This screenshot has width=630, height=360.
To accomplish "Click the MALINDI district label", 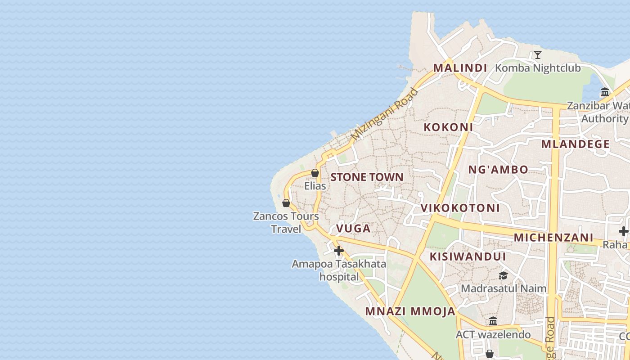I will [460, 68].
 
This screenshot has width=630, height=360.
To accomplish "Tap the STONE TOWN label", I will [367, 177].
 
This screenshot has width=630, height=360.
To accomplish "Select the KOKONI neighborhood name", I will [448, 127].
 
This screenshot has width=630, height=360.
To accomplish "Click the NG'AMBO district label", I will [498, 170].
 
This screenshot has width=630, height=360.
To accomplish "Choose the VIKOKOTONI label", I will [460, 208].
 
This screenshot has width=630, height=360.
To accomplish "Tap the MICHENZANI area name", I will [553, 237].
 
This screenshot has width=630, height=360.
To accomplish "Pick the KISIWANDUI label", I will [468, 256].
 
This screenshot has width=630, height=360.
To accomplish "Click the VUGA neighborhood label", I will [353, 229].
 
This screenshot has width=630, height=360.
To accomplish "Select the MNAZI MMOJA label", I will [410, 311].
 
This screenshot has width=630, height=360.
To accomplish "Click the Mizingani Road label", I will [385, 113].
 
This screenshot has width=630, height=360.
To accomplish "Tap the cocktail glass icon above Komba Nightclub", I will [537, 55].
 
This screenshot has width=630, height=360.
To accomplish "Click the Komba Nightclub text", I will [538, 68].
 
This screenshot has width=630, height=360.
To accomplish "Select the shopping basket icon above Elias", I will [315, 173].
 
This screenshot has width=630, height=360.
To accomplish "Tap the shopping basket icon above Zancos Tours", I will [286, 203].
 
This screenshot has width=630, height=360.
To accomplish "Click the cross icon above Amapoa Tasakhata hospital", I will [339, 251].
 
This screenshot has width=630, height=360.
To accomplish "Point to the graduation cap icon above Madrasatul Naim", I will [503, 275].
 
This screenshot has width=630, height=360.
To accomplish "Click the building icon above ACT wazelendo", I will [493, 321].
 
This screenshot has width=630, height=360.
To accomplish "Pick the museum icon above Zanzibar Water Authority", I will [605, 93].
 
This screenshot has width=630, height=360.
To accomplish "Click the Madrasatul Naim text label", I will [504, 288].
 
